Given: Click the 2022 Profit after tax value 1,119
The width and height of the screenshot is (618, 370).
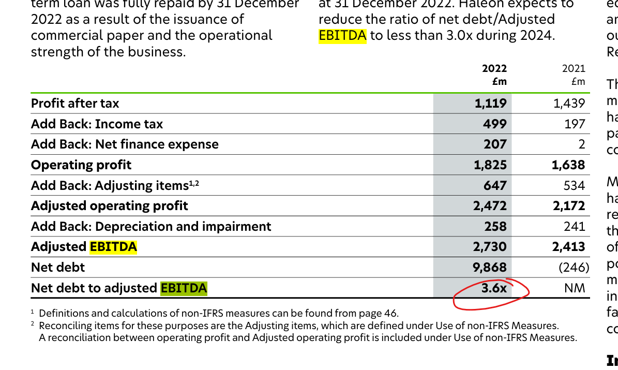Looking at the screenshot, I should click(490, 103).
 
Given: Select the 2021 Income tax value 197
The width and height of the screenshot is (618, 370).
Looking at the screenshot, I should click(575, 124).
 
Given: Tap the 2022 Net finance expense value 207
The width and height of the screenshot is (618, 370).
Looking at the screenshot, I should click(495, 144).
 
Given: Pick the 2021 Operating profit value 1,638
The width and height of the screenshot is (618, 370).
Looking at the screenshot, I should click(568, 165).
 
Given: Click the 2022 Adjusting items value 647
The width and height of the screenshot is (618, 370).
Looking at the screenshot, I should click(495, 185).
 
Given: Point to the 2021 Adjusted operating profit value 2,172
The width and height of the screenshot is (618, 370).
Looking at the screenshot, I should click(568, 206).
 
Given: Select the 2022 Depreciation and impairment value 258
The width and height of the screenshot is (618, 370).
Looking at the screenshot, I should click(495, 227).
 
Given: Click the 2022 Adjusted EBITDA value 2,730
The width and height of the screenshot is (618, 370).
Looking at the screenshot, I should click(490, 247).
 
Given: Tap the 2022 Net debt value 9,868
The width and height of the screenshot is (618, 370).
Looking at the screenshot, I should click(490, 268).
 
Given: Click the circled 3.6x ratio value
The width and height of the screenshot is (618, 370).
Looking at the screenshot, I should click(494, 288).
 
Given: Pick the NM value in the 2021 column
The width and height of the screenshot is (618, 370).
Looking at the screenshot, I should click(575, 288).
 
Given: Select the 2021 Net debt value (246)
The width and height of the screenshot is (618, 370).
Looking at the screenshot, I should click(574, 268).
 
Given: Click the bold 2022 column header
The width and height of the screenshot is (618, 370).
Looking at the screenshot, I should click(494, 68).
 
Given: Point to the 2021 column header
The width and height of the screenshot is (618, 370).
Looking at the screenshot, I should click(574, 68).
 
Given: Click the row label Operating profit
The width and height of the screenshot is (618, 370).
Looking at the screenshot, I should click(81, 165).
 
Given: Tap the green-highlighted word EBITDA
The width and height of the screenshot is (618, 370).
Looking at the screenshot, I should click(184, 288).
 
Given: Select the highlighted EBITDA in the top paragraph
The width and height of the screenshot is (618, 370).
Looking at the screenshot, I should click(342, 36).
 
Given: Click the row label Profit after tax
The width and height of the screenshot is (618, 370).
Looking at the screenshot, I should click(75, 103).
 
